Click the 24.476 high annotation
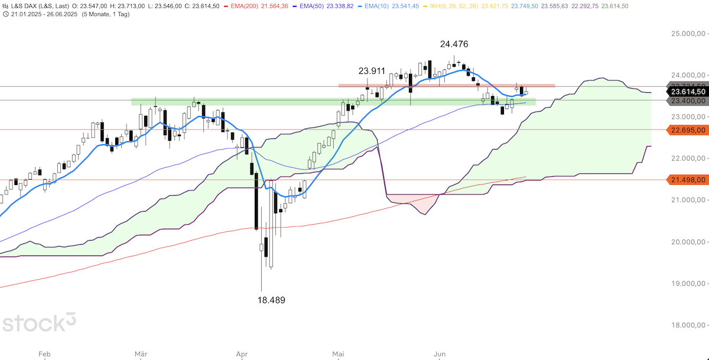(454, 44)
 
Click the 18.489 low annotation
(271, 300)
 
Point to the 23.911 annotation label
(372, 72)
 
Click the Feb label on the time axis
(44, 354)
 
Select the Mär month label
(141, 354)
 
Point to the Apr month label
(242, 354)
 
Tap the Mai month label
(338, 354)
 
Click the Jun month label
(440, 354)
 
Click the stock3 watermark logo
(39, 323)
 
